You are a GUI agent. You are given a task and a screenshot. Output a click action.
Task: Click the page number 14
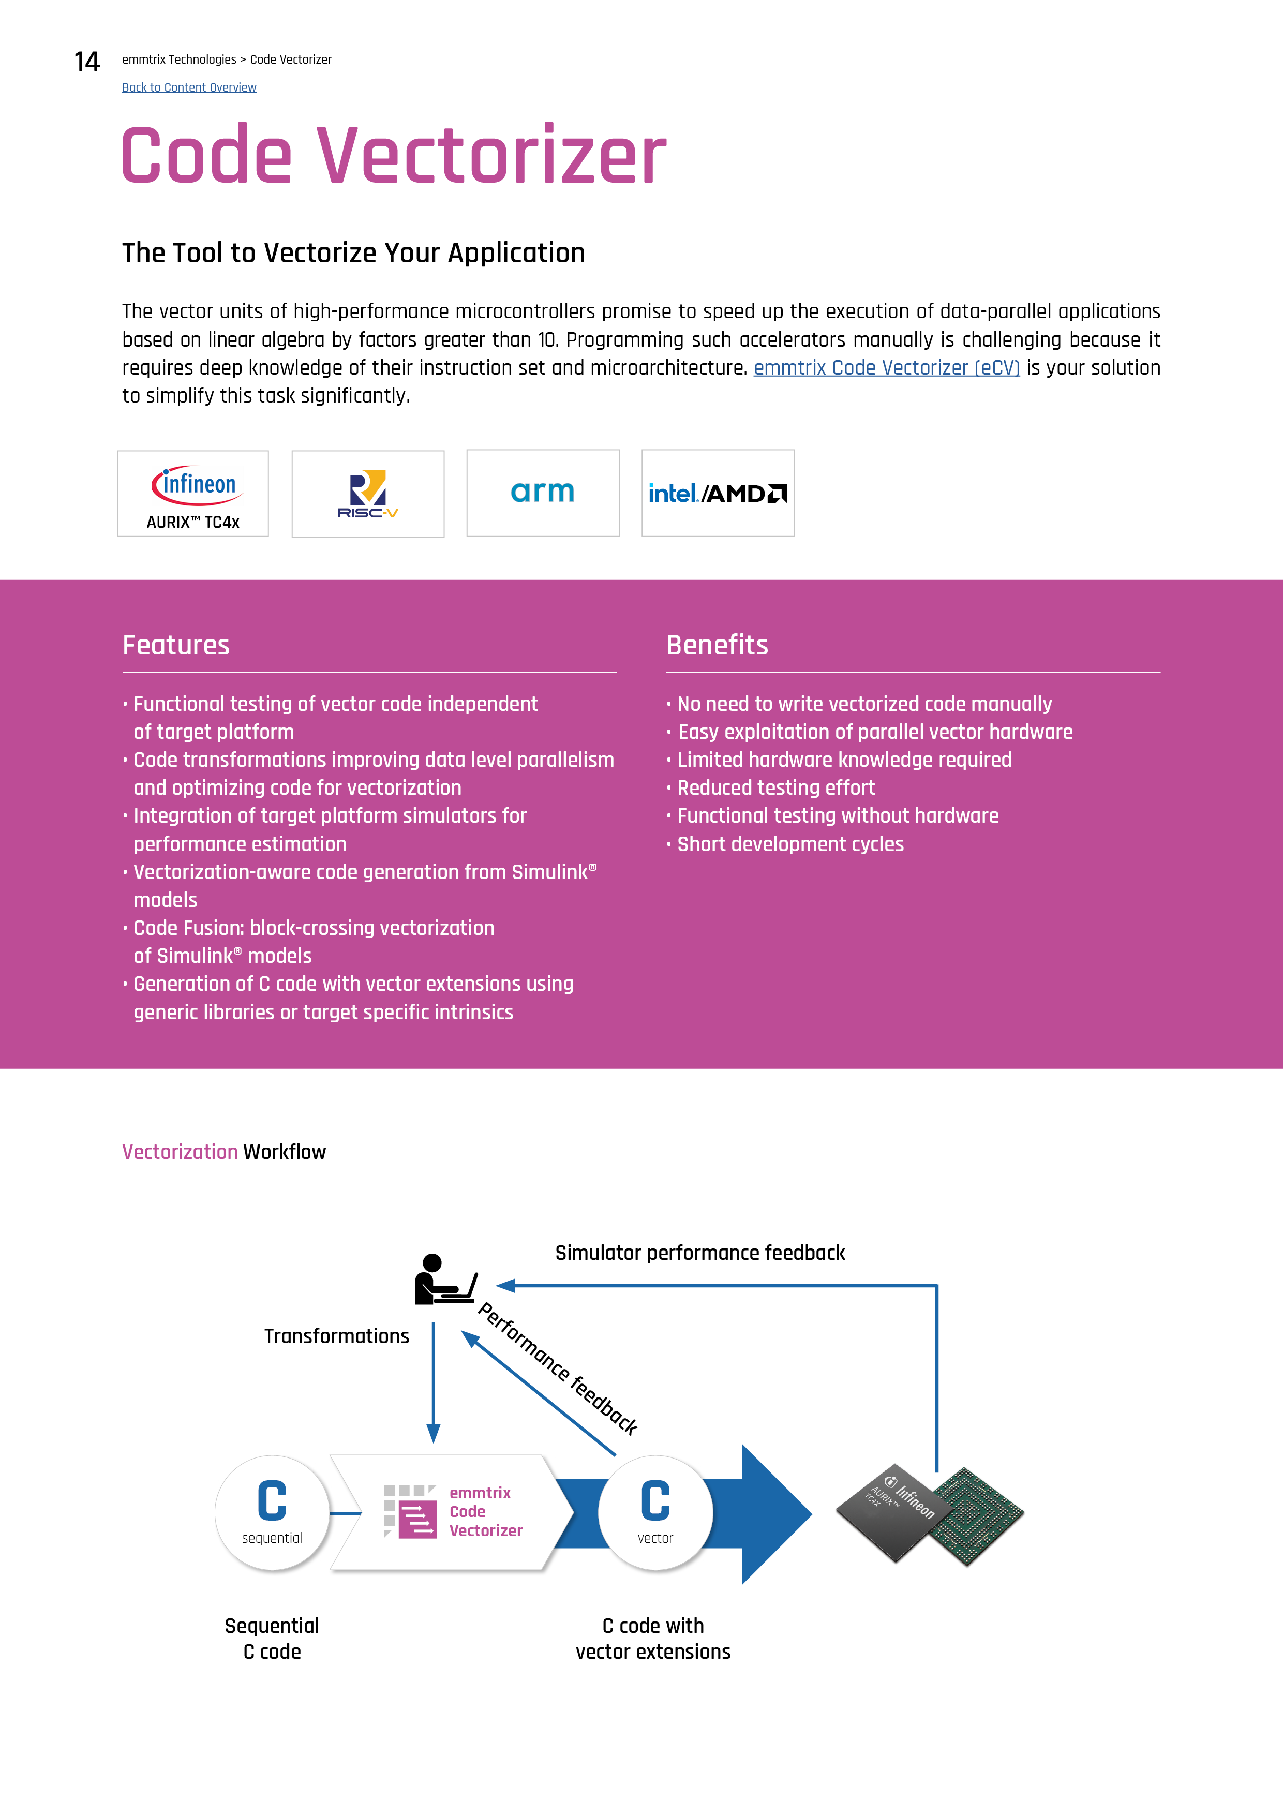pos(87,62)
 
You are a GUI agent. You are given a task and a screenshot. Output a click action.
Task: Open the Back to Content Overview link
pos(189,88)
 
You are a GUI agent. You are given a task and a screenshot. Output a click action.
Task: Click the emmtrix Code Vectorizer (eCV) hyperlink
pos(886,367)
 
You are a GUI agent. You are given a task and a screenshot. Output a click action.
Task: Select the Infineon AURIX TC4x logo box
pos(193,494)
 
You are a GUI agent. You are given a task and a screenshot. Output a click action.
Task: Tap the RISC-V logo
pos(368,494)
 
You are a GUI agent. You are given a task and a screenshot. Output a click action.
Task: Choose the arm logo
pos(543,493)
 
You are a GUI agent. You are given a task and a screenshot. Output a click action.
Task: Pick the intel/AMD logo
pos(718,493)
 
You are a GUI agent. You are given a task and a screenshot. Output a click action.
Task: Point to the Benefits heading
pos(717,645)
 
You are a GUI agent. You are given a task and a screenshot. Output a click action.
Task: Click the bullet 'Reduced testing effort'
pos(775,788)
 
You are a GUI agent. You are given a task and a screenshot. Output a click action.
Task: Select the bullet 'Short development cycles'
pos(790,844)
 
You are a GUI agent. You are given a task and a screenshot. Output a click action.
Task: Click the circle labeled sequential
pos(272,1513)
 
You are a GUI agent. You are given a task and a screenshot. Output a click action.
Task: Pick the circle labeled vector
pos(655,1513)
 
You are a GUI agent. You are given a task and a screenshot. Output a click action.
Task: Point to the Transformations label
pos(337,1336)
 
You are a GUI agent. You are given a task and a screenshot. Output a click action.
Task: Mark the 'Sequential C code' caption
pos(272,1638)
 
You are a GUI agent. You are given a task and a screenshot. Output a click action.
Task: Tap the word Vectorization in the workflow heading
pos(180,1152)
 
